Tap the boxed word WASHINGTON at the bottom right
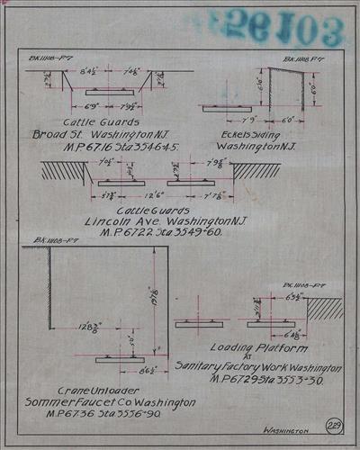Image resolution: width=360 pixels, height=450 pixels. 292,431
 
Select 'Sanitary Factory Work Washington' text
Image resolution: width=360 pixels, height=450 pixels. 258,368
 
